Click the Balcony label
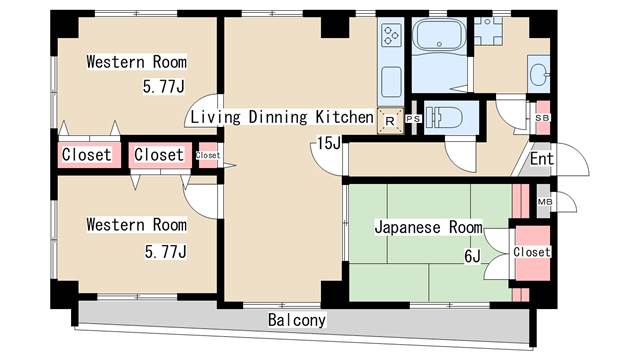pos(297,320)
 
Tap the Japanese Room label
pos(428,227)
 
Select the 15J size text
pos(329,143)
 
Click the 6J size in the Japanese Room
pos(472,256)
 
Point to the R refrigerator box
pos(390,121)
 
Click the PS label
pos(413,119)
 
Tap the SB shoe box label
pos(542,118)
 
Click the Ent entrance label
pos(542,159)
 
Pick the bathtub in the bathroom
pos(440,35)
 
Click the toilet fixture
pos(443,118)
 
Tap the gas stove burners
pos(391,35)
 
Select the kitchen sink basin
pos(391,82)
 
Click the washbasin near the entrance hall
pos(539,74)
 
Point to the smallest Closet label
pos(208,155)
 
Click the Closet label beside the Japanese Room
pos(532,252)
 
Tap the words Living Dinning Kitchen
pos(282,117)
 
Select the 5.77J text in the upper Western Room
pos(164,87)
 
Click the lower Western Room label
pos(136,225)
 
